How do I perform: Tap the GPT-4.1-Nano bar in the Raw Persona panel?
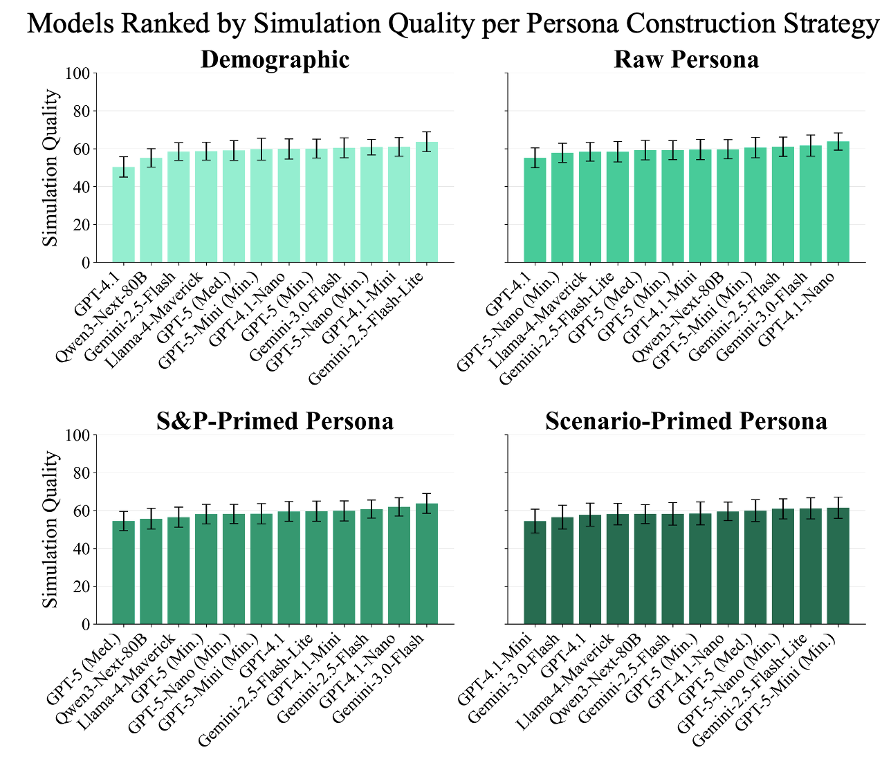click(838, 202)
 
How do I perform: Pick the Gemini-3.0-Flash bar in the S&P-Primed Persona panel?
click(427, 564)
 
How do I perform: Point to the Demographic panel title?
click(275, 59)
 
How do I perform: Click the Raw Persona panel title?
click(686, 59)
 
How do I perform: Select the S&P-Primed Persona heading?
click(275, 421)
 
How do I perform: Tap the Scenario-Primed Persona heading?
click(686, 421)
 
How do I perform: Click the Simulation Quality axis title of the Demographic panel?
click(50, 168)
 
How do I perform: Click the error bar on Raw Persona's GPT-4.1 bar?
click(535, 158)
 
